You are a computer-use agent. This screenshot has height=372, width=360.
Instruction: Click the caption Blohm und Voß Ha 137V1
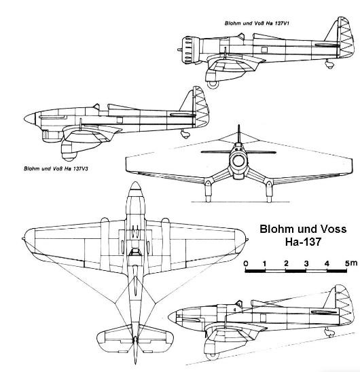pyautogui.click(x=257, y=23)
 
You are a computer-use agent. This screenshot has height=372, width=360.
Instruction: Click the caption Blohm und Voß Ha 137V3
pyautogui.click(x=56, y=168)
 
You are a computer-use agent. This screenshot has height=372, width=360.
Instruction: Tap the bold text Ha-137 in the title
pyautogui.click(x=303, y=242)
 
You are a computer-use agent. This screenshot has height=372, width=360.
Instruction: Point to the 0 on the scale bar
pyautogui.click(x=246, y=263)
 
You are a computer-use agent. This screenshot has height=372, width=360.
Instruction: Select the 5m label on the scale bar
pyautogui.click(x=350, y=263)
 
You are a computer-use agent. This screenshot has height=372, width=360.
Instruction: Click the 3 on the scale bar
pyautogui.click(x=306, y=263)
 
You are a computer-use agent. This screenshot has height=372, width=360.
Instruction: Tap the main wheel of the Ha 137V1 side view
pyautogui.click(x=213, y=84)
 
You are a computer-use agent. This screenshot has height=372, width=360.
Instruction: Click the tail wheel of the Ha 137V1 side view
pyautogui.click(x=330, y=65)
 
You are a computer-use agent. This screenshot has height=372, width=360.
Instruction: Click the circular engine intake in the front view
pyautogui.click(x=238, y=161)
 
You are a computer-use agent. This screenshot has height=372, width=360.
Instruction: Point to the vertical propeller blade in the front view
pyautogui.click(x=239, y=134)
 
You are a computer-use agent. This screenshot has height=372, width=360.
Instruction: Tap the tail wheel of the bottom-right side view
pyautogui.click(x=331, y=333)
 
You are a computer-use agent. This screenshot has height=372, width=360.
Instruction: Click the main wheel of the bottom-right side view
pyautogui.click(x=213, y=356)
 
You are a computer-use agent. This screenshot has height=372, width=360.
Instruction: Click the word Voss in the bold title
pyautogui.click(x=334, y=229)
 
